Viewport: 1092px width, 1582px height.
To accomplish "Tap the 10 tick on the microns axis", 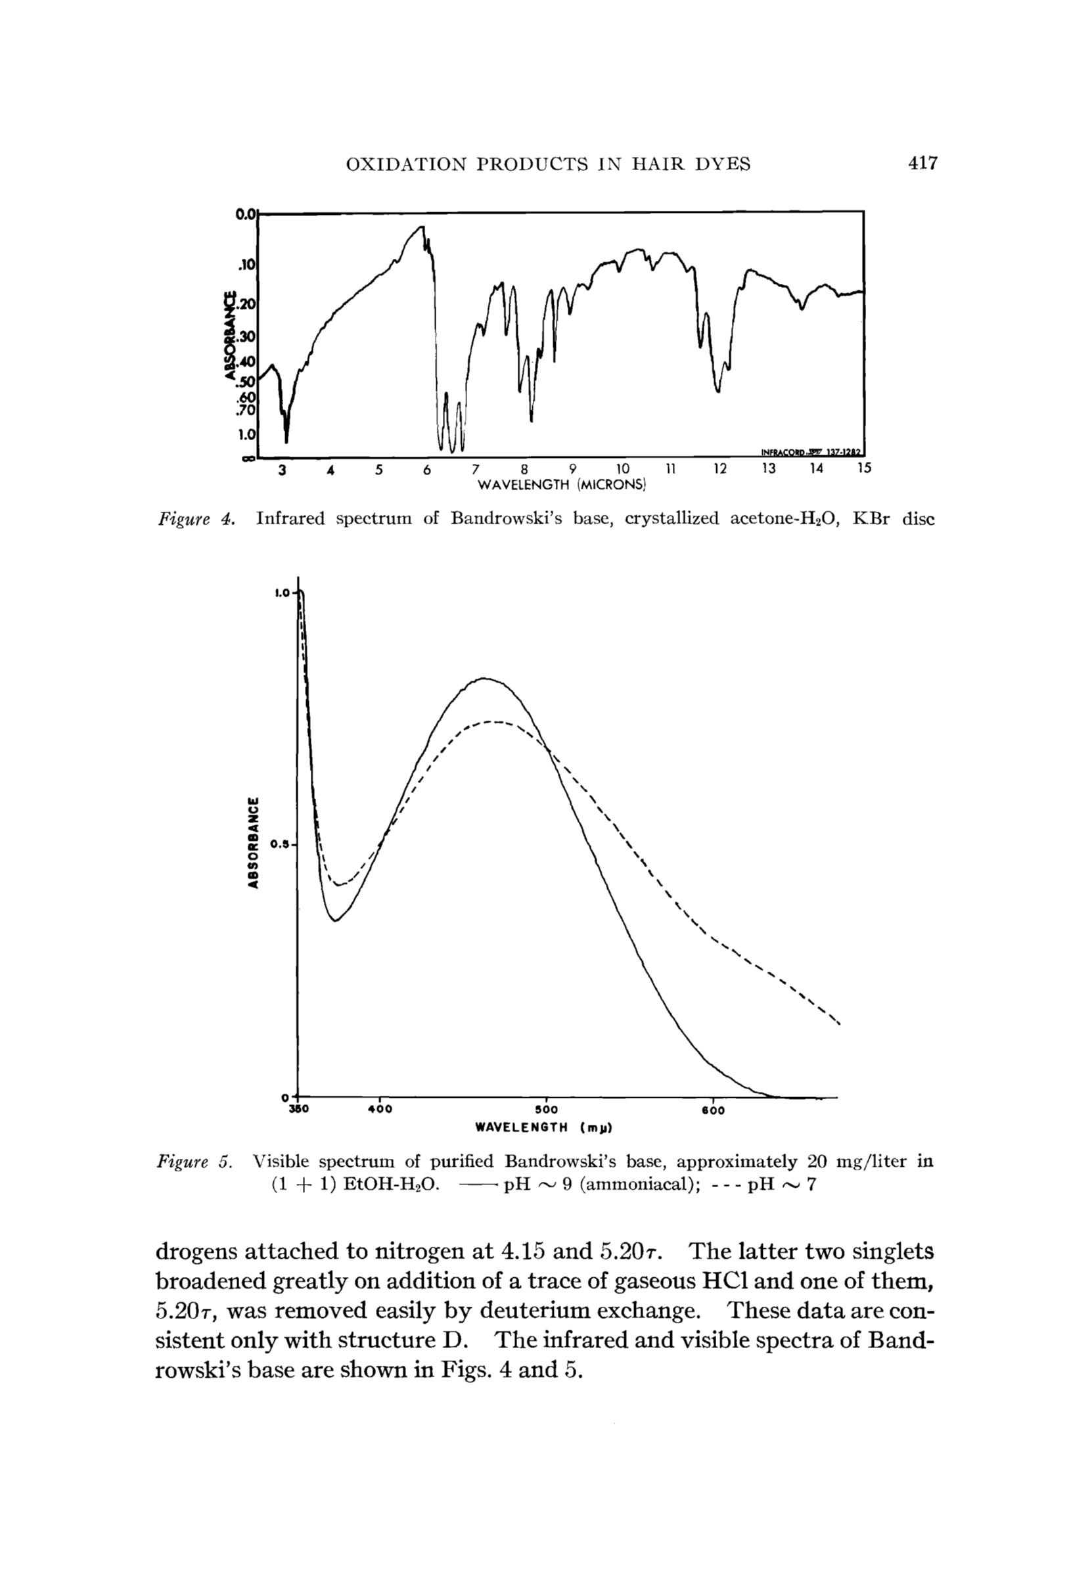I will [622, 469].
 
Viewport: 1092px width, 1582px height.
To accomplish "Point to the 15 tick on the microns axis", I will [865, 468].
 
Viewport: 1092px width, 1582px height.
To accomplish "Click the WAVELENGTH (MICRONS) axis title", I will [561, 485].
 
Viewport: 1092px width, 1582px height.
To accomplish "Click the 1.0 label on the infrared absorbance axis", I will [246, 434].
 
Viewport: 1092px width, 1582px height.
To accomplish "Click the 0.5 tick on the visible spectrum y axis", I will [280, 845].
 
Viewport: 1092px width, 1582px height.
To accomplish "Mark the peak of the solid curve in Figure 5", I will [484, 679].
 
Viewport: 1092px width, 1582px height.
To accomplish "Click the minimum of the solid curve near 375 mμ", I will [336, 920].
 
